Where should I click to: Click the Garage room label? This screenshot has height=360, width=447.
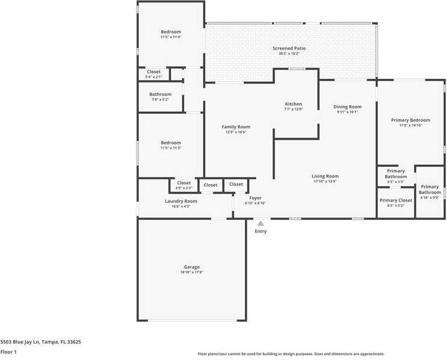pyautogui.click(x=191, y=267)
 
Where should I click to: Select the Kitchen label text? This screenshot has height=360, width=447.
pyautogui.click(x=293, y=104)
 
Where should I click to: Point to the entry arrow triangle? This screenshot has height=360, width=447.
pyautogui.click(x=260, y=223)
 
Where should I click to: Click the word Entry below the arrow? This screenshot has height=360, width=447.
pyautogui.click(x=260, y=231)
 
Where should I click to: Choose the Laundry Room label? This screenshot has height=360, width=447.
pyautogui.click(x=180, y=201)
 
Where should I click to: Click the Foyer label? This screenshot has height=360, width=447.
pyautogui.click(x=255, y=197)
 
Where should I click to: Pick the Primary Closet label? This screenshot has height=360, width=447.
pyautogui.click(x=395, y=200)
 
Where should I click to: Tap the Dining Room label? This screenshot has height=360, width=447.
pyautogui.click(x=347, y=107)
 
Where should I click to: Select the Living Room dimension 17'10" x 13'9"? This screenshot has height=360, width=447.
pyautogui.click(x=325, y=181)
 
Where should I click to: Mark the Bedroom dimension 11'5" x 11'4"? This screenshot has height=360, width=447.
pyautogui.click(x=170, y=37)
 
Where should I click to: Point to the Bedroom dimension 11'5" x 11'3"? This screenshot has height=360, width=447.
pyautogui.click(x=170, y=148)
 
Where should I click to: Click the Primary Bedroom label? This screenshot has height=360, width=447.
pyautogui.click(x=410, y=120)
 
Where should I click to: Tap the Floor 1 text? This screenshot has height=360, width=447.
pyautogui.click(x=8, y=352)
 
